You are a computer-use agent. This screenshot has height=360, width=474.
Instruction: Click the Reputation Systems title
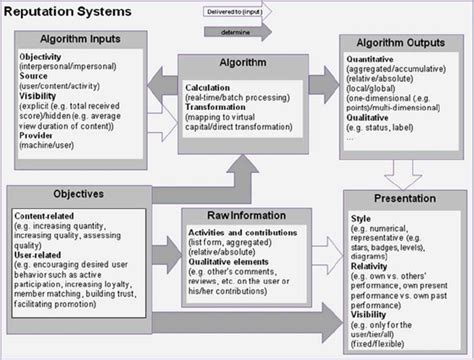click(62, 13)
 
